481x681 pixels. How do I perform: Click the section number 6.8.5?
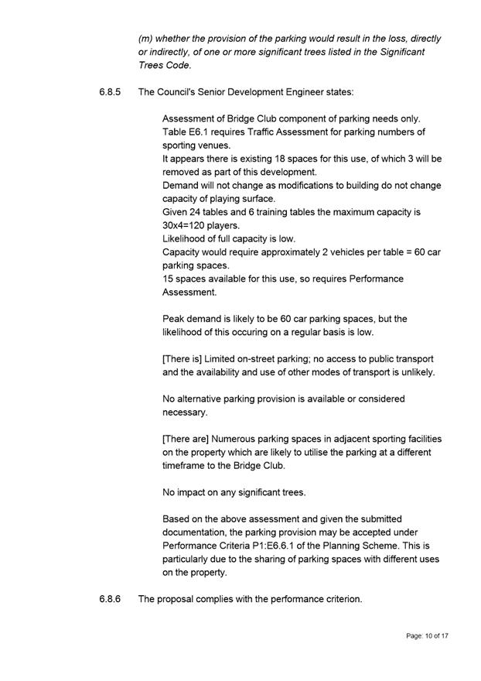(110, 92)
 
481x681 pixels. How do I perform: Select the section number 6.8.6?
(110, 599)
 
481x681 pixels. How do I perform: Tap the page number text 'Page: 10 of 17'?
(427, 636)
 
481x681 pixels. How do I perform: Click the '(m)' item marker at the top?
(145, 38)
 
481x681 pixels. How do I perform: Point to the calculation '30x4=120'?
(186, 225)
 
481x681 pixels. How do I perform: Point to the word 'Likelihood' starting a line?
(186, 238)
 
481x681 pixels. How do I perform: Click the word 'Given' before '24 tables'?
(176, 212)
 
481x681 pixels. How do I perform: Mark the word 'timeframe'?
(186, 466)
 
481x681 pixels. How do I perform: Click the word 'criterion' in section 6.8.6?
(340, 599)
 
